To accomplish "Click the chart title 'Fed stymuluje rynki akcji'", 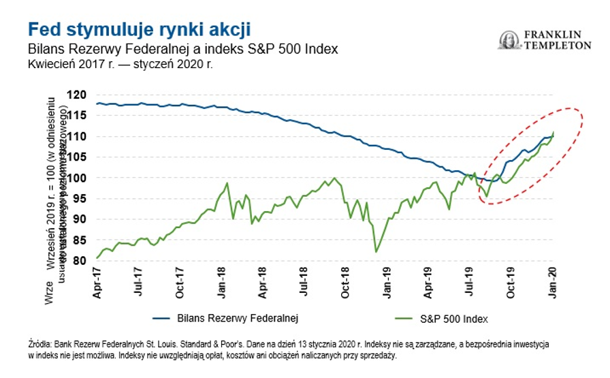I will [x=140, y=30].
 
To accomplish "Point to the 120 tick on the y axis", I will [x=82, y=95].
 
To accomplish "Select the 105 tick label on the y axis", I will [x=82, y=157].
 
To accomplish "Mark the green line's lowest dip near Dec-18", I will [x=376, y=252].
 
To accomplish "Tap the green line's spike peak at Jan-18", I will [x=227, y=183].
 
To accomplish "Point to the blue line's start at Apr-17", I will [x=98, y=104].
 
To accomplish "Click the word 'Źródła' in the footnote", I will [x=41, y=345].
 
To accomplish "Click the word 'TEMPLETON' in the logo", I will [x=558, y=46].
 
